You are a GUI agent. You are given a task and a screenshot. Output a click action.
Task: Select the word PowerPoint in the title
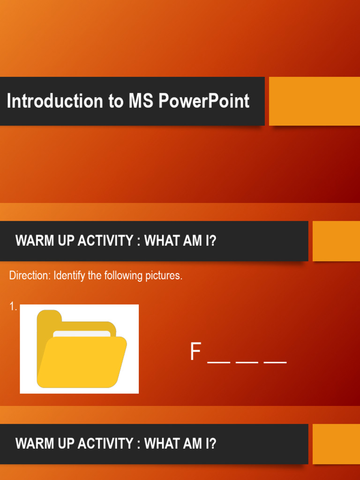[x=204, y=101]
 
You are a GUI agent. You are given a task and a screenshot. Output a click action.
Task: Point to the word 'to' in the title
[x=117, y=101]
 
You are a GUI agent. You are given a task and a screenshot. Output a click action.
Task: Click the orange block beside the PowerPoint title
[x=314, y=101]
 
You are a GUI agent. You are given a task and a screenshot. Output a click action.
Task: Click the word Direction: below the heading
[x=30, y=276]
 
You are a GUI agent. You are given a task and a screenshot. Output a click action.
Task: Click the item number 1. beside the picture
[x=13, y=307]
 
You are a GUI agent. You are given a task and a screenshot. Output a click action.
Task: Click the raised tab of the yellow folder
[x=49, y=317]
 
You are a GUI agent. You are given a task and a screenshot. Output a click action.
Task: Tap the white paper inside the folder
[x=82, y=334]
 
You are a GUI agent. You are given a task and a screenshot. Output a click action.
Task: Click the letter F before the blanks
[x=195, y=352]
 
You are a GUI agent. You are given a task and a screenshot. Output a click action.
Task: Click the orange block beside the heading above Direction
[x=336, y=241]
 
